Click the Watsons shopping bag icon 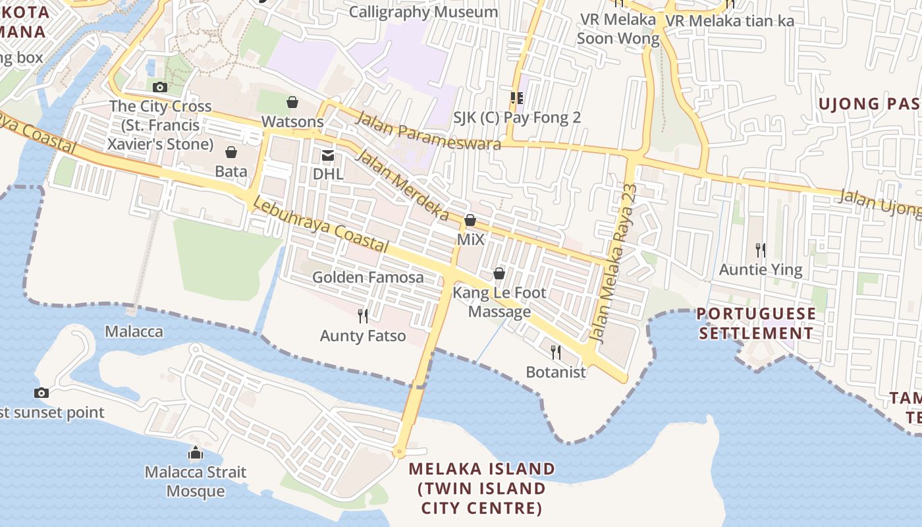pyautogui.click(x=292, y=102)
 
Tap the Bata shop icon pyautogui.click(x=231, y=153)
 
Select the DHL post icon pyautogui.click(x=327, y=155)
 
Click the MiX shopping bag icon pyautogui.click(x=470, y=220)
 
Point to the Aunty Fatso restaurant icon pyautogui.click(x=362, y=316)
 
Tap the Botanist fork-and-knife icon pyautogui.click(x=555, y=352)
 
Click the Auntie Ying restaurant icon pyautogui.click(x=761, y=250)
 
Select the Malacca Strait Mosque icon pyautogui.click(x=196, y=453)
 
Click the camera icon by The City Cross pyautogui.click(x=159, y=87)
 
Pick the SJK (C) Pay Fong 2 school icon pyautogui.click(x=517, y=98)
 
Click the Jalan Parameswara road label pyautogui.click(x=429, y=130)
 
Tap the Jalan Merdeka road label pyautogui.click(x=402, y=185)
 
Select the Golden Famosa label pyautogui.click(x=367, y=277)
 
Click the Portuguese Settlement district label pyautogui.click(x=756, y=323)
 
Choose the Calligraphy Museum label pyautogui.click(x=423, y=12)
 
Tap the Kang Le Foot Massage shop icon pyautogui.click(x=499, y=273)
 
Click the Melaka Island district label pyautogui.click(x=481, y=488)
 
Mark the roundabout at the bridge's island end pyautogui.click(x=398, y=452)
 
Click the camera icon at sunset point pyautogui.click(x=41, y=393)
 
